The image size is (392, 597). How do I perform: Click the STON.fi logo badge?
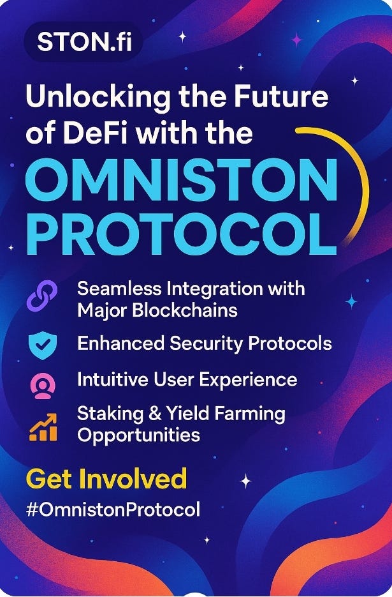(x=83, y=42)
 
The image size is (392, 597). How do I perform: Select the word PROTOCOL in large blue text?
(x=182, y=235)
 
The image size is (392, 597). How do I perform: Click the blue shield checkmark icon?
(x=43, y=345)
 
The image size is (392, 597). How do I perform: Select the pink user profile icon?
(x=43, y=386)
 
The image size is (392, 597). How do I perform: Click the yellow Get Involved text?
(x=106, y=479)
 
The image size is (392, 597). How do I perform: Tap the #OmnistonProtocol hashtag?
(x=113, y=510)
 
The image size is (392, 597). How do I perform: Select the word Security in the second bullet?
(x=208, y=344)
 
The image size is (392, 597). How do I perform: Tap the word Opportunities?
(x=138, y=435)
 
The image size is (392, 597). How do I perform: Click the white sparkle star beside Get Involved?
(x=245, y=481)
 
